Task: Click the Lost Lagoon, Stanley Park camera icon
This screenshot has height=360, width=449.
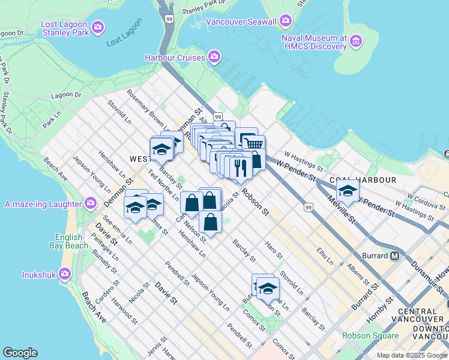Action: pos(98,27)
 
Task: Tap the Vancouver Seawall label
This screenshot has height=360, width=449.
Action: pos(241,22)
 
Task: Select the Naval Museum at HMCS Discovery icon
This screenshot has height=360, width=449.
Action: pos(357,41)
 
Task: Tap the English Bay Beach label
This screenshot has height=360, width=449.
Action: pos(71,241)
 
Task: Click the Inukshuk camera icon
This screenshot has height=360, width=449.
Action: pos(64,275)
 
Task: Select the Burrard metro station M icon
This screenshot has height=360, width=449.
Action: pos(396,256)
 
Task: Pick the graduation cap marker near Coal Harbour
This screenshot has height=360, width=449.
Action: pos(348,191)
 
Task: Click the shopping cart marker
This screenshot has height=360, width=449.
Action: pos(254,143)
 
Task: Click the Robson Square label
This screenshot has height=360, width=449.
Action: pos(366,336)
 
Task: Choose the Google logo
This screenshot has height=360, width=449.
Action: pos(20,353)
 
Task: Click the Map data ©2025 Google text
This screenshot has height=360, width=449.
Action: pos(411,355)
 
